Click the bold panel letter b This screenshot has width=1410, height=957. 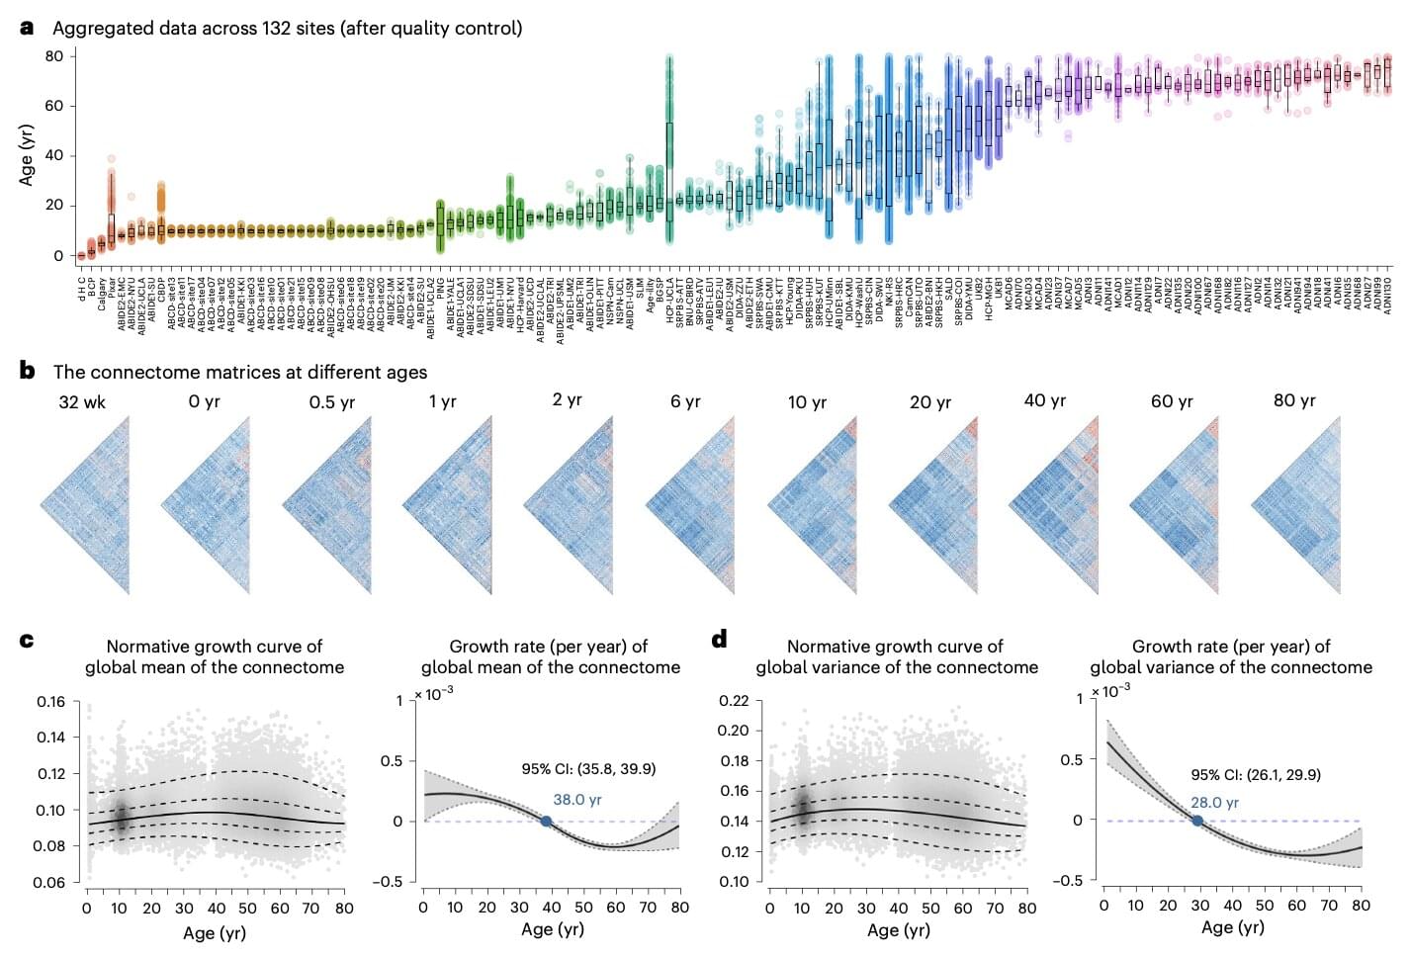click(x=28, y=371)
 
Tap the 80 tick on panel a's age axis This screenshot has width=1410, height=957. click(x=54, y=56)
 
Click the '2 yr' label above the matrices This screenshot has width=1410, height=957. click(x=567, y=399)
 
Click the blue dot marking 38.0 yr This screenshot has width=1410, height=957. click(x=546, y=821)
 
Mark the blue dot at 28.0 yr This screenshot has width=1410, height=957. click(x=1196, y=821)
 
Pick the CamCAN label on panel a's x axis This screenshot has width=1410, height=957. click(x=909, y=296)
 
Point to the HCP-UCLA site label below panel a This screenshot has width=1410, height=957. click(x=669, y=296)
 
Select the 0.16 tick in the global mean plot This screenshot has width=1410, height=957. click(x=51, y=702)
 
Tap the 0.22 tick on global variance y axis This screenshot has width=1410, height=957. click(x=733, y=701)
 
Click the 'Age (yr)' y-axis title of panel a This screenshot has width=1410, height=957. click(x=27, y=155)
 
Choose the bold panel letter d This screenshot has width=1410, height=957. click(x=719, y=640)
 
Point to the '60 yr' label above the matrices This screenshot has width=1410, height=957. click(x=1172, y=401)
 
